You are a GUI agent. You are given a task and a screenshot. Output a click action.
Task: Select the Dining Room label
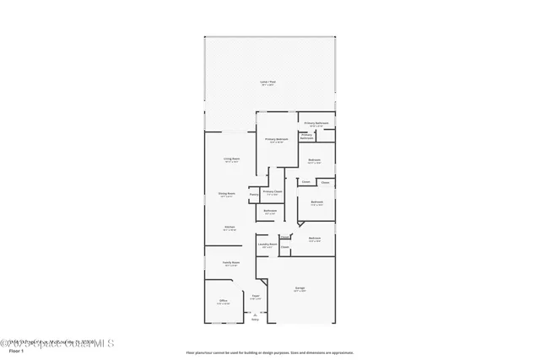pyautogui.click(x=227, y=193)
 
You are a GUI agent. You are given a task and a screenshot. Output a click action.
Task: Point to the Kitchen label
pyautogui.click(x=229, y=226)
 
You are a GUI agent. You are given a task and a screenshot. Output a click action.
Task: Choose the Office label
pyautogui.click(x=224, y=300)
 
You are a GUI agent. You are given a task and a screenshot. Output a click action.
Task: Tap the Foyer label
pyautogui.click(x=255, y=296)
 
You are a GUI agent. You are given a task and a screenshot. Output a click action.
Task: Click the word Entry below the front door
pyautogui.click(x=256, y=320)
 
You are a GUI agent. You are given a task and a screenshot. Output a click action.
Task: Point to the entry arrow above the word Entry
pyautogui.click(x=256, y=314)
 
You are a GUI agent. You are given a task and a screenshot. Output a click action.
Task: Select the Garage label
pyautogui.click(x=300, y=288)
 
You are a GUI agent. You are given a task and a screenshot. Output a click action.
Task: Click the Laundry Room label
pyautogui.click(x=267, y=244)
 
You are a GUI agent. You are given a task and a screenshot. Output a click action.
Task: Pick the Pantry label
pyautogui.click(x=253, y=195)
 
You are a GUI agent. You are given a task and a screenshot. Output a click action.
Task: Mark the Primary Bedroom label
pyautogui.click(x=277, y=139)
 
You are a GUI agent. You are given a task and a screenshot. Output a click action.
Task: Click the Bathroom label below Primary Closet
pyautogui.click(x=270, y=210)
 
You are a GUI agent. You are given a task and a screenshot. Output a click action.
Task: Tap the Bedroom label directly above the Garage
pyautogui.click(x=315, y=239)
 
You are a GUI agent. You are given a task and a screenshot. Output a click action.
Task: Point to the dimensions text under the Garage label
pyautogui.click(x=300, y=292)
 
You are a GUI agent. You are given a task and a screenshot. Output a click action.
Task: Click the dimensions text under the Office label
pyautogui.click(x=224, y=304)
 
